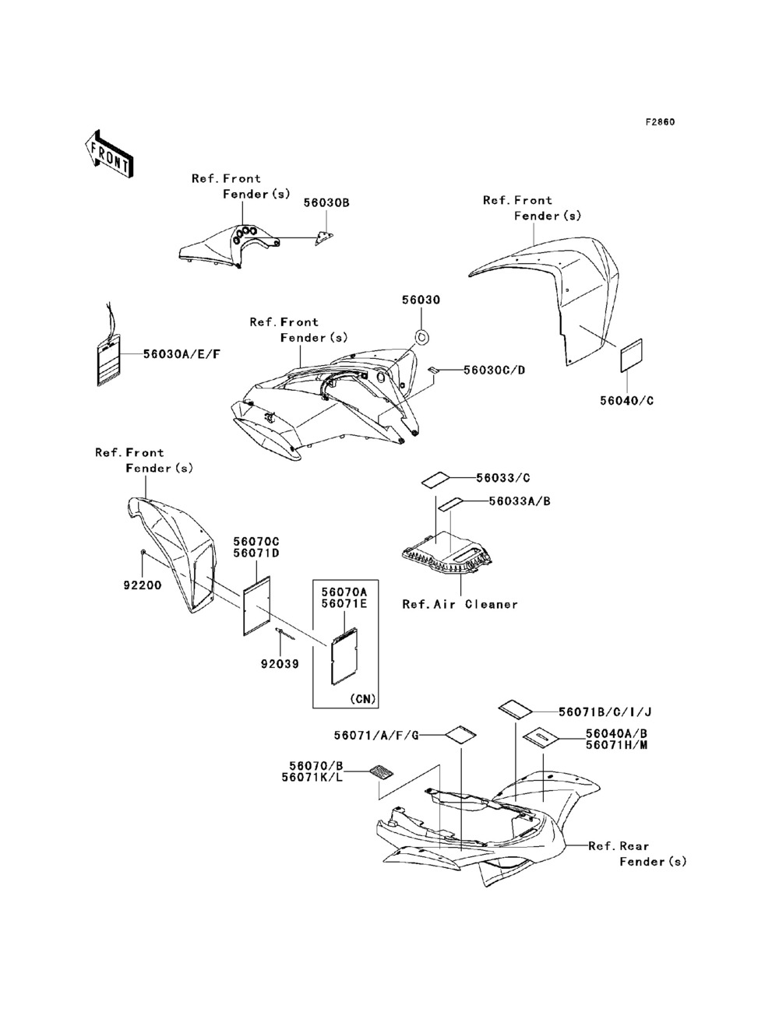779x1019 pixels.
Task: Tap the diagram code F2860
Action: click(659, 122)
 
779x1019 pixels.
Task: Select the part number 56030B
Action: click(326, 202)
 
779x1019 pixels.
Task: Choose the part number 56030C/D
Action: click(494, 370)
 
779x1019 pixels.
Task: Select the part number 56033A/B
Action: click(520, 501)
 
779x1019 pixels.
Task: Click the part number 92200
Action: click(143, 585)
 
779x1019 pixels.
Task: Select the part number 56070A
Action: click(344, 591)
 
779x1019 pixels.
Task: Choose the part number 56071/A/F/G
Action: click(377, 736)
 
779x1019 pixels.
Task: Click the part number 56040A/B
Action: click(616, 733)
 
